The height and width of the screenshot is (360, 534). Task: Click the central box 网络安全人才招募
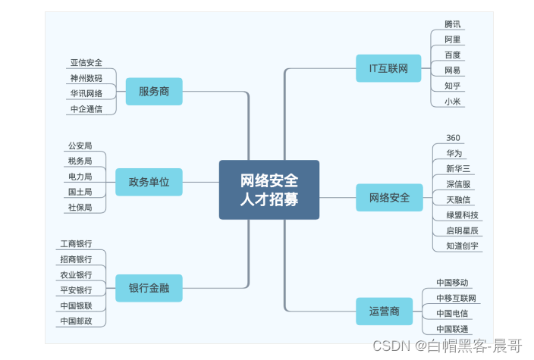click(x=269, y=189)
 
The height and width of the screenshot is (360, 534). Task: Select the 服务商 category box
click(x=154, y=92)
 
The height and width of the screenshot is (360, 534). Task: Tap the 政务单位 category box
click(x=149, y=182)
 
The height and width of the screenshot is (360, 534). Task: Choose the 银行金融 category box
click(x=149, y=288)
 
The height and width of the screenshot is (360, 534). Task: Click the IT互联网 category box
click(x=389, y=68)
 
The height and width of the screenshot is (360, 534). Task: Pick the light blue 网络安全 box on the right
click(x=389, y=198)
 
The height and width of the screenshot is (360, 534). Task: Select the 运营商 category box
click(x=389, y=311)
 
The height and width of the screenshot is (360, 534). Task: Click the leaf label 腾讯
click(x=453, y=24)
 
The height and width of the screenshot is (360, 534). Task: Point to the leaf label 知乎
click(x=453, y=86)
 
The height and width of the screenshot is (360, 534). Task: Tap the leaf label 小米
click(x=453, y=102)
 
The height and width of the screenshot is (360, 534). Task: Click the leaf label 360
click(x=453, y=138)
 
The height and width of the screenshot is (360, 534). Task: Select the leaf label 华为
click(x=454, y=153)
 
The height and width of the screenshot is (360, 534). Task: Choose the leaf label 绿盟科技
click(x=463, y=215)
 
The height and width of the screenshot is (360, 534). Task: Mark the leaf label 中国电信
click(x=452, y=313)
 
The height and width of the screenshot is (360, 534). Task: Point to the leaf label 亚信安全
click(x=86, y=63)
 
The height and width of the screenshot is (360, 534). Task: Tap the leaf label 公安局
click(x=80, y=146)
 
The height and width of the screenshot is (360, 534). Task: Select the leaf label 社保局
click(x=80, y=207)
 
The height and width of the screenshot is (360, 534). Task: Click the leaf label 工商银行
click(x=76, y=244)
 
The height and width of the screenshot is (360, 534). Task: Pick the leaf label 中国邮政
click(x=76, y=321)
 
